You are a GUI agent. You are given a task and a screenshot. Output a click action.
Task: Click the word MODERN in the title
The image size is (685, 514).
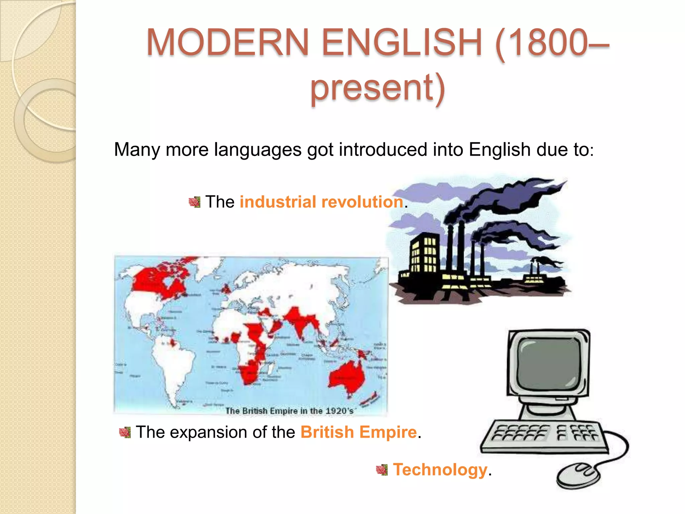point(227,42)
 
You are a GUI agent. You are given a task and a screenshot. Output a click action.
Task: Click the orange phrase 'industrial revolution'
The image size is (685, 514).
point(321,202)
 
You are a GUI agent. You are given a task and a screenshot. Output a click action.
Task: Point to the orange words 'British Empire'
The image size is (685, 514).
point(359,432)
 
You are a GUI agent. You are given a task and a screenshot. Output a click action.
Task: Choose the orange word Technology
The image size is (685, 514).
point(440,469)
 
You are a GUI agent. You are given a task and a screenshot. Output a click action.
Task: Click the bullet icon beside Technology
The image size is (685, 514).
point(382,470)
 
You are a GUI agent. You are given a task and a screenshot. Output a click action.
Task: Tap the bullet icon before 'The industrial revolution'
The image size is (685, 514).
point(195,202)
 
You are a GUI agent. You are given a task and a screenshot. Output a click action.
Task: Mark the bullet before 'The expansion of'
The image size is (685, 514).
point(125,432)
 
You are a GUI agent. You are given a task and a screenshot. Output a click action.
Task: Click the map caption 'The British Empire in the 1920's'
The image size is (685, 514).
point(289,411)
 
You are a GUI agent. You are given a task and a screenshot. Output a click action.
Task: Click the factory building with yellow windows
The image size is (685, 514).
point(423,256)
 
